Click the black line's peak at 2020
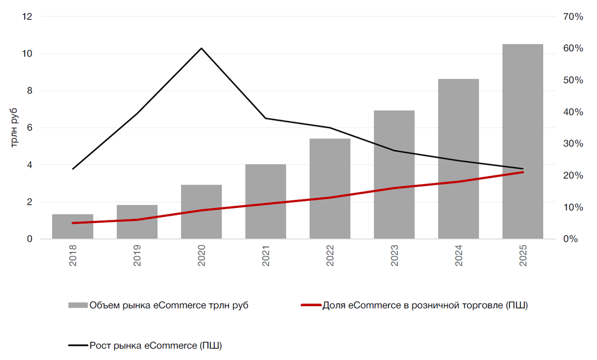[201, 48]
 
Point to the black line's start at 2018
[73, 169]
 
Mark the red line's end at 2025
[523, 172]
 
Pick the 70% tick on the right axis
[573, 17]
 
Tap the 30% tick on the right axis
[573, 144]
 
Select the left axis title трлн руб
[15, 128]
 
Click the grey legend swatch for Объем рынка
[78, 306]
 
